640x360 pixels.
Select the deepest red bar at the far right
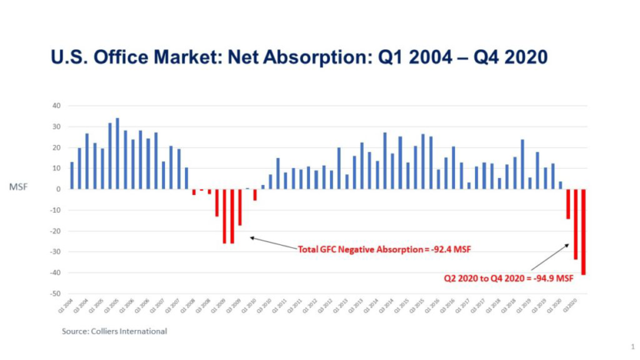[584, 231]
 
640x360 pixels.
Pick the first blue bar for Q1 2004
[72, 175]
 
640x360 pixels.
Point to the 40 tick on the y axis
[56, 106]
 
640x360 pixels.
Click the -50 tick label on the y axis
[55, 294]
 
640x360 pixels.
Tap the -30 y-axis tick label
[55, 252]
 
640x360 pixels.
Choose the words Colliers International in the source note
[128, 331]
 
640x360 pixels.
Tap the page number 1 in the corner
[632, 346]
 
